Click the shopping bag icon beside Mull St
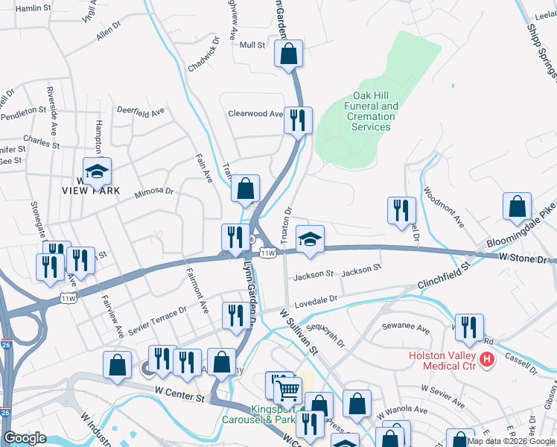288,54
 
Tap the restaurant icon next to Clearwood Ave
298,120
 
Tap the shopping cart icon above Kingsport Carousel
288,389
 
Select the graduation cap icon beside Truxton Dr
310,238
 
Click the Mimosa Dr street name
153,192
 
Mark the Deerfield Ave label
141,112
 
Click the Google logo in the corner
25,438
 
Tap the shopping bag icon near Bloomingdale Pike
517,207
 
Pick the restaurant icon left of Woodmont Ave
401,210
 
